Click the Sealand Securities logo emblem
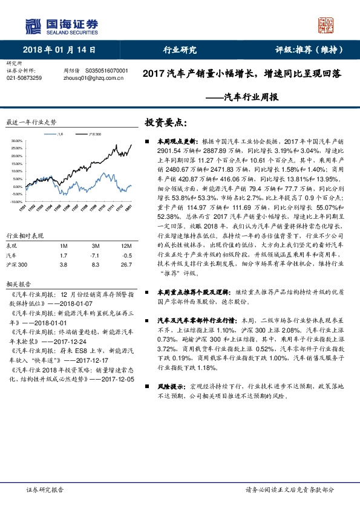31,25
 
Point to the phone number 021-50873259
24,78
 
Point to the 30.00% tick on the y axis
16,141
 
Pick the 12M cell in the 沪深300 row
126,265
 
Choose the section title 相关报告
16,283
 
